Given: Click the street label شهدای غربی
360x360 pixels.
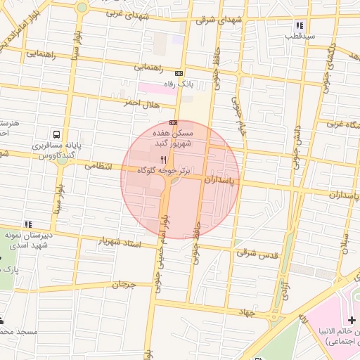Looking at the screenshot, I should point(125,13).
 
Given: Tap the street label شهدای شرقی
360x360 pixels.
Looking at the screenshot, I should point(219,20).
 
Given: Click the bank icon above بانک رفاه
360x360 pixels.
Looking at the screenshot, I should point(179,72).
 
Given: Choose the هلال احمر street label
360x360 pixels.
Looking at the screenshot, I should point(141,103).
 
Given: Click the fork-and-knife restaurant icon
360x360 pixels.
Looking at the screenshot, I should point(164,160).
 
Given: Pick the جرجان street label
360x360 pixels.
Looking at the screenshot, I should point(122,285).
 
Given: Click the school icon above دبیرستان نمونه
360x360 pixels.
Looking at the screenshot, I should point(28,224).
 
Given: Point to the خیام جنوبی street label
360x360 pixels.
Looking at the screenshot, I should point(237,110).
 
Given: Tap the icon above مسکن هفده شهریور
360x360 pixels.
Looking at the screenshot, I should point(174,122).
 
